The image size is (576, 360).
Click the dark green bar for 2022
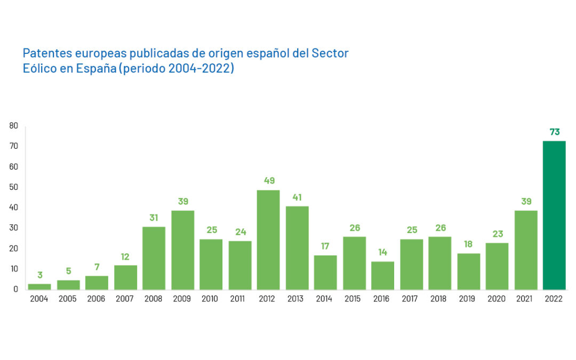click(x=554, y=215)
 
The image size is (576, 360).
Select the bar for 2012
click(x=268, y=240)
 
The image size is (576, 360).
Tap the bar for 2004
click(x=39, y=287)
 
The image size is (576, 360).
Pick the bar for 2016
click(x=382, y=276)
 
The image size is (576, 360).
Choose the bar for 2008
click(x=154, y=258)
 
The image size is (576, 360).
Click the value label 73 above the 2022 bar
click(x=555, y=132)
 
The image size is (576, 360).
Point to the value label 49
click(x=269, y=181)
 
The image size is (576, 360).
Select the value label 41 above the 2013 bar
click(x=297, y=197)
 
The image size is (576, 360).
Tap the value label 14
click(x=382, y=252)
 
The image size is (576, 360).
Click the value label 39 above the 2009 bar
click(x=182, y=202)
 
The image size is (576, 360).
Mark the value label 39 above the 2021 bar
click(x=525, y=202)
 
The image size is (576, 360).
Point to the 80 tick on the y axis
click(x=14, y=126)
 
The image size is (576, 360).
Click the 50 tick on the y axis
click(x=14, y=187)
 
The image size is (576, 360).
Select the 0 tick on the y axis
click(x=16, y=290)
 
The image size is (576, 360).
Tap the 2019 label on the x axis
click(x=468, y=299)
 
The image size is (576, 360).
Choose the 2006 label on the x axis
click(x=96, y=299)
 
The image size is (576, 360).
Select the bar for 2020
click(x=497, y=266)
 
